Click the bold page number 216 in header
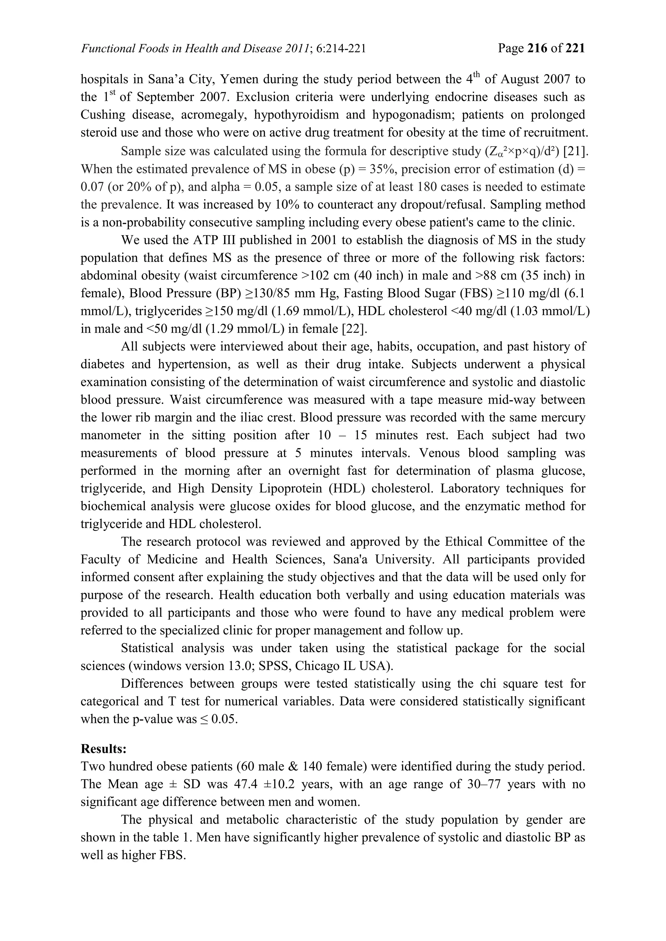tap(537, 48)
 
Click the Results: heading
tap(103, 748)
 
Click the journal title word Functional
tap(104, 49)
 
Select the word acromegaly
tap(214, 115)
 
